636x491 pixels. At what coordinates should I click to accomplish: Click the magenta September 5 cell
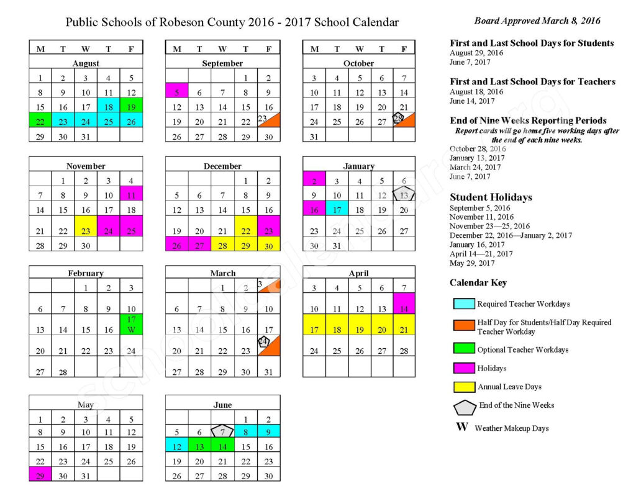(176, 91)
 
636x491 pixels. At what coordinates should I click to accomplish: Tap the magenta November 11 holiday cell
(131, 194)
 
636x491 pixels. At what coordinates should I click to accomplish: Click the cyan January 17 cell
(337, 209)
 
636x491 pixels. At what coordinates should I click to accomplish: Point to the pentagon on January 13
(404, 195)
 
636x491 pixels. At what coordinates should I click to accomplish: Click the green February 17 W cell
(131, 325)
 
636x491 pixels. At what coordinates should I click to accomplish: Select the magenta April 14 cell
(404, 304)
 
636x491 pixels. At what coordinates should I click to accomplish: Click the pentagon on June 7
(222, 431)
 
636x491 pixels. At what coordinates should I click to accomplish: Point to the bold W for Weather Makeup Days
(461, 427)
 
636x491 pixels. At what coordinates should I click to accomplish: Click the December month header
(222, 166)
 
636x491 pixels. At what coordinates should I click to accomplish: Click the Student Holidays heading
(491, 197)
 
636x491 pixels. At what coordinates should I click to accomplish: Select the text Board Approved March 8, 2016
(537, 20)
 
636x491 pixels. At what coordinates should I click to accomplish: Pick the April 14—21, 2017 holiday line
(481, 254)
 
